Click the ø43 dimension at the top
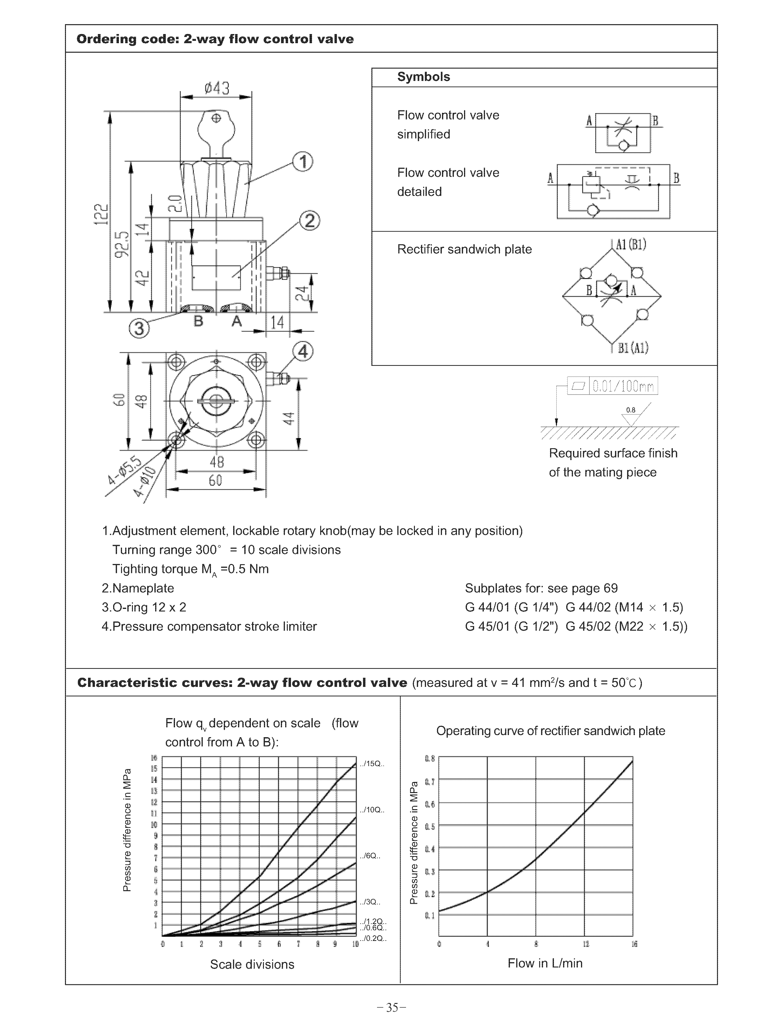pyautogui.click(x=217, y=88)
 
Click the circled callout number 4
pyautogui.click(x=303, y=352)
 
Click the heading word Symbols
pyautogui.click(x=423, y=77)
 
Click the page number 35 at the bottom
pyautogui.click(x=391, y=1008)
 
